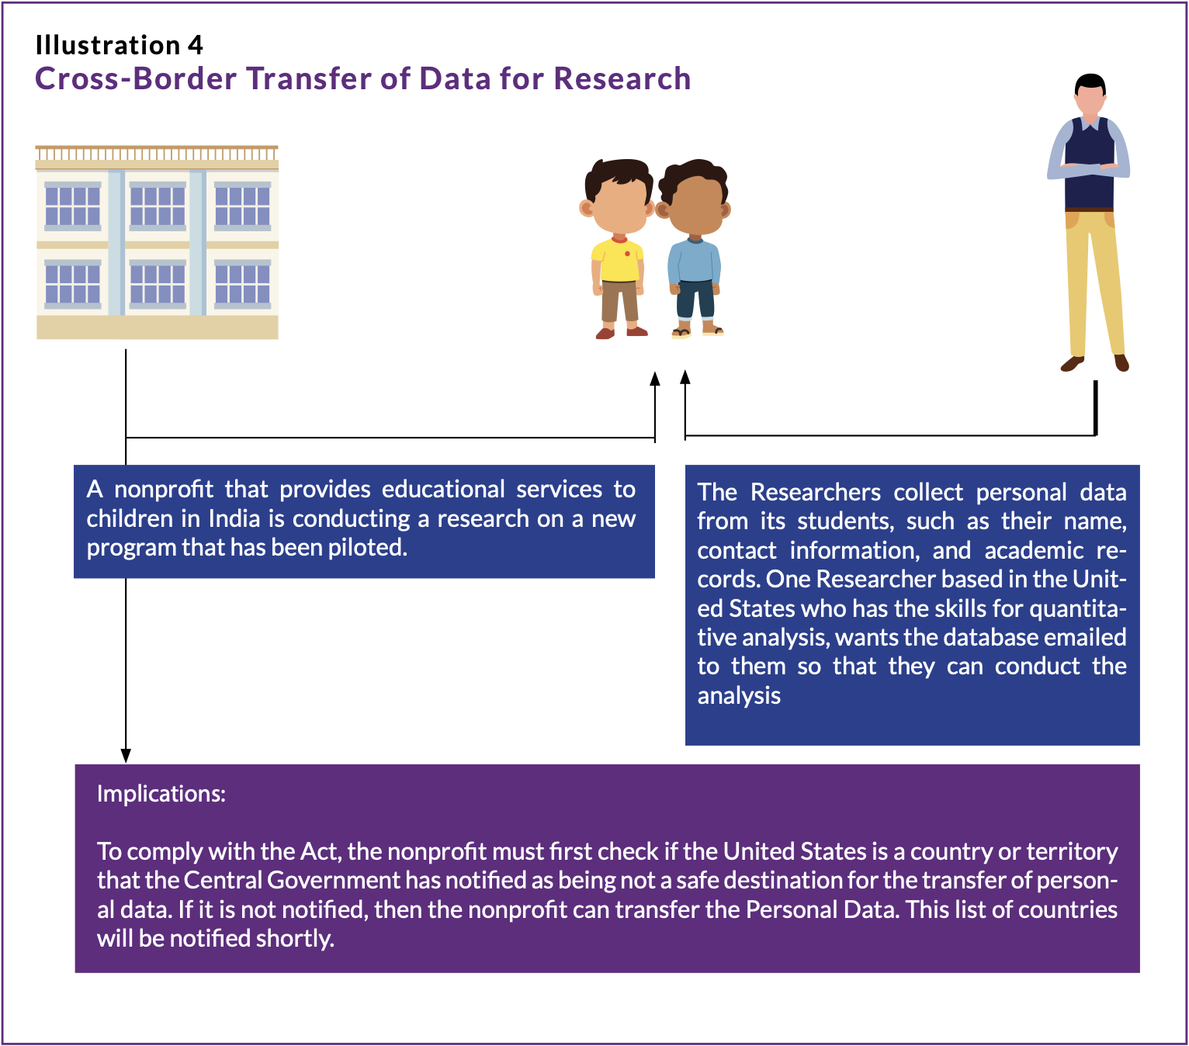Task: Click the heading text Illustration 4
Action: tap(120, 45)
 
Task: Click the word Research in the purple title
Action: tap(622, 78)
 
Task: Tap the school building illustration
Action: tap(157, 242)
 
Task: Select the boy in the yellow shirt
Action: tap(617, 249)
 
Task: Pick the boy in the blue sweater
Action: tap(695, 249)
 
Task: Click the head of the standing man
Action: tap(1090, 96)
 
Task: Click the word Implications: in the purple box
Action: tap(161, 794)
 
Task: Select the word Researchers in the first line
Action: tap(815, 492)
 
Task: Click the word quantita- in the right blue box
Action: tap(1078, 609)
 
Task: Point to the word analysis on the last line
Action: tap(739, 696)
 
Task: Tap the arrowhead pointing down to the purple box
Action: tap(126, 755)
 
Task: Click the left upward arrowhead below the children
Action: tap(655, 379)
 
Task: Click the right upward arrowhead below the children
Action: tap(685, 377)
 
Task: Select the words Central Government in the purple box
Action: tap(292, 880)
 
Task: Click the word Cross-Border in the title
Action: tap(136, 78)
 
